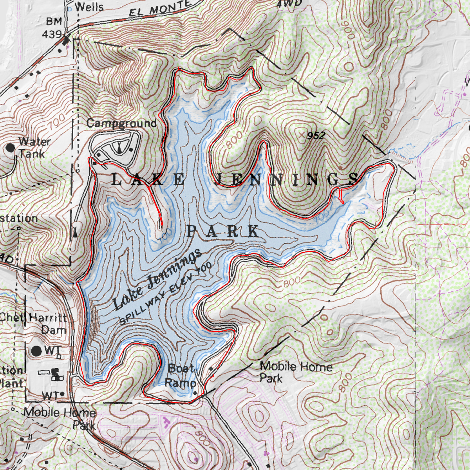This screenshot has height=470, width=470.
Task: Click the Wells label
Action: pyautogui.click(x=89, y=7)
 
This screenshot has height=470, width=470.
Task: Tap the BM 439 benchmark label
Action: pyautogui.click(x=52, y=28)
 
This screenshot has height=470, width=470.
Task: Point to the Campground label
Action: pyautogui.click(x=121, y=123)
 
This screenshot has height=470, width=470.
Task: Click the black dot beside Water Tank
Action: pyautogui.click(x=10, y=148)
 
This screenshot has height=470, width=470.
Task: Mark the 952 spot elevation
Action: pyautogui.click(x=316, y=136)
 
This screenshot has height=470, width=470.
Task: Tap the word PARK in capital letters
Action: pyautogui.click(x=222, y=231)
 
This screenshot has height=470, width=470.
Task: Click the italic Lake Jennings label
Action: pyautogui.click(x=157, y=279)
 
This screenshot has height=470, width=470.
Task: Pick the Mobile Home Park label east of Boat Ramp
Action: pyautogui.click(x=296, y=372)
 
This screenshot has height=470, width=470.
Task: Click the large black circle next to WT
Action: pyautogui.click(x=36, y=351)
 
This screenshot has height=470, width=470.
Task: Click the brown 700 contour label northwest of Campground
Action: pyautogui.click(x=57, y=122)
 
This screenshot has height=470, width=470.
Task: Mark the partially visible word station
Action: pyautogui.click(x=19, y=218)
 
